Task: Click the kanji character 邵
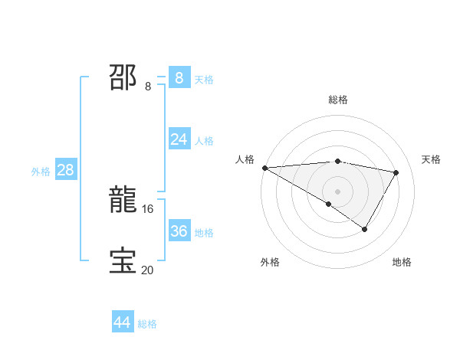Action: click(123, 78)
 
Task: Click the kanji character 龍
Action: click(123, 201)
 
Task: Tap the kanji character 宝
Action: click(123, 261)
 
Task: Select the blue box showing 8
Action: click(179, 78)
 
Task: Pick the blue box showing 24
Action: click(179, 139)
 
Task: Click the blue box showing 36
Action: click(179, 231)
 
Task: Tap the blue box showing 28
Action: click(65, 170)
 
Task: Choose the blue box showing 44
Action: click(122, 323)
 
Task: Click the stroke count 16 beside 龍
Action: click(148, 208)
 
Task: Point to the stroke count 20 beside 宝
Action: click(147, 269)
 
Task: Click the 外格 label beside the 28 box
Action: click(41, 172)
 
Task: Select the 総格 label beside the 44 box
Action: click(147, 324)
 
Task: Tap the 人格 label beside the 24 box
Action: click(204, 141)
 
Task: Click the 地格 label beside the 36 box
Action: click(204, 233)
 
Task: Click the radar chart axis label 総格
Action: click(337, 100)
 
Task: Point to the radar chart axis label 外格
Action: click(270, 262)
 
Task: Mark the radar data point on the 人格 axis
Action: click(264, 168)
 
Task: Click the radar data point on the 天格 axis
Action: click(396, 172)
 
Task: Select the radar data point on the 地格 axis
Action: click(365, 229)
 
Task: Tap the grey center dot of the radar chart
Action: click(337, 191)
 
